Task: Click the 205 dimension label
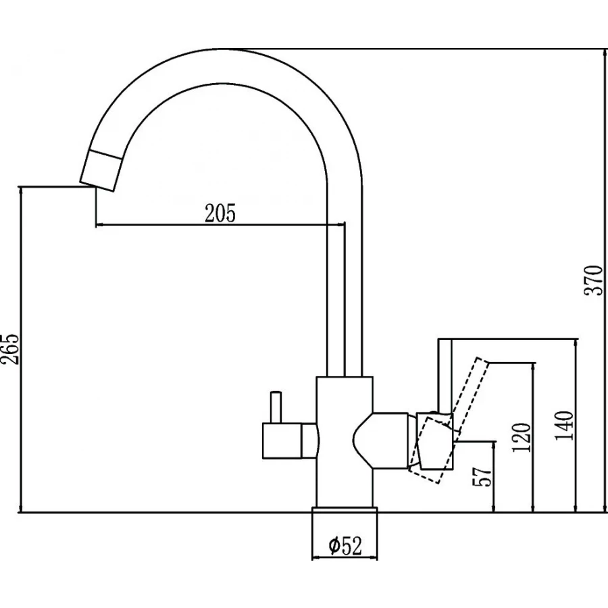(220, 213)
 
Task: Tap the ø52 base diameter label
(344, 545)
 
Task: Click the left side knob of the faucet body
(287, 442)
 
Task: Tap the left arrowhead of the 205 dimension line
(99, 224)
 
